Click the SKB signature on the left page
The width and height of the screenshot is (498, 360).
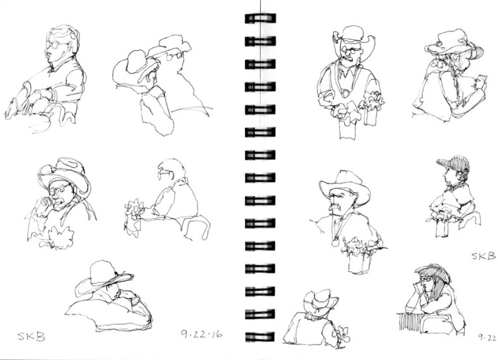coord(31,337)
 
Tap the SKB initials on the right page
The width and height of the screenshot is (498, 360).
coord(483,256)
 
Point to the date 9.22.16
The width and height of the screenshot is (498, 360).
coord(201,334)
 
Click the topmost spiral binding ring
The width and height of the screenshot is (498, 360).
coord(261,18)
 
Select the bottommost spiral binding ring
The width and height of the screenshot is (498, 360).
coord(260,337)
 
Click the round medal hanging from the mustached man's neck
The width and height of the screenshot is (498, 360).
coord(335,243)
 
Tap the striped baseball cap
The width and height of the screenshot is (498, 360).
coord(453,162)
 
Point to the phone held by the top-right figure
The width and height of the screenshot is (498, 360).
coord(482,80)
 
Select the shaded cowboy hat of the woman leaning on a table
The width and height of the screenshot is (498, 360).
coord(433,273)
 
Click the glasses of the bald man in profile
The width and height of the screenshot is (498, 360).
coord(165,173)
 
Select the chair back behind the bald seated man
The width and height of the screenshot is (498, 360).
coord(196,227)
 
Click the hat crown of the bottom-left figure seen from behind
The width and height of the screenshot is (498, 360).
coord(102,272)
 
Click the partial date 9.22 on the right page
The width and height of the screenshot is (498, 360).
coord(488,338)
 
